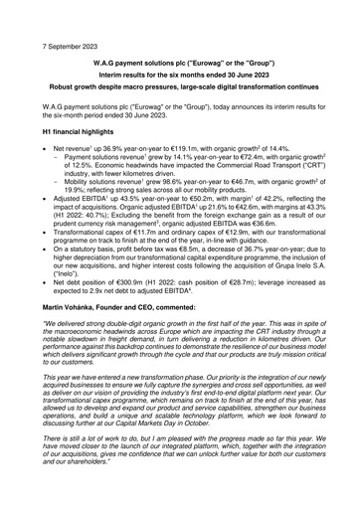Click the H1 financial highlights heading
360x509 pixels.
coord(62,130)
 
